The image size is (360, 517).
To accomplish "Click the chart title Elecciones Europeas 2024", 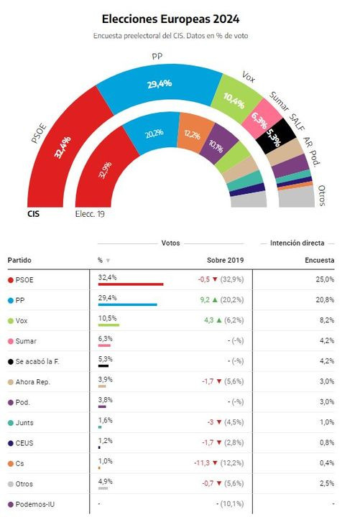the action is pos(170,19).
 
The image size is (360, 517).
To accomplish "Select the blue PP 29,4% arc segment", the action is pos(160,84).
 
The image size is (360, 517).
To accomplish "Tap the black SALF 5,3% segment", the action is pos(276,136).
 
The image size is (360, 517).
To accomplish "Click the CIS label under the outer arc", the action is pos(33,214).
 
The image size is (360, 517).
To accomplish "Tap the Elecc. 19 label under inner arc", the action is pos(90,214).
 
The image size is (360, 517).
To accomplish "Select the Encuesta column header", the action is pos(320,260).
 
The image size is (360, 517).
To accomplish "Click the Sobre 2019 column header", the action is pos(226,260).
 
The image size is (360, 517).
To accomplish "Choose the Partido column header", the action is pos(19,260).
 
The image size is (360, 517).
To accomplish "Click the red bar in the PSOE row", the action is pos(131,284).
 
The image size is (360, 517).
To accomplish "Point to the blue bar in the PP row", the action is pos(127,304).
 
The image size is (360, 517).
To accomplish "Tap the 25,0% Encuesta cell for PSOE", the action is pos(325,279).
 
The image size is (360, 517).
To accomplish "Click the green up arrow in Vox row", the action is pos(218,320).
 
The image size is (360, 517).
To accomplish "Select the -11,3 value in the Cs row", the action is pos(202,463).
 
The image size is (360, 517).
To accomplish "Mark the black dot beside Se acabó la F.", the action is pos(11,362).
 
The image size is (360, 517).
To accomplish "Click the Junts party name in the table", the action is pos(24,423).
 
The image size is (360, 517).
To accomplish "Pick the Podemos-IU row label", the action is pos(35,504).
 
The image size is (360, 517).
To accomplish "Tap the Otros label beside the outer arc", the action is pos(322,195).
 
